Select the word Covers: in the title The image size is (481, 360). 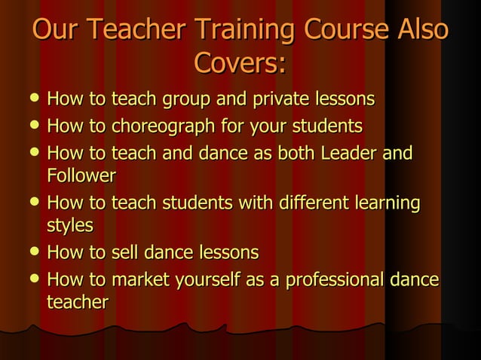pos(240,63)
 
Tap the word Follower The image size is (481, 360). pos(81,177)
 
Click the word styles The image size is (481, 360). pos(70,225)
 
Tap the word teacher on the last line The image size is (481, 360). pos(78,303)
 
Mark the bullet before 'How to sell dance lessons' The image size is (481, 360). pos(28,252)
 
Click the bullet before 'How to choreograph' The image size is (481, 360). pos(28,125)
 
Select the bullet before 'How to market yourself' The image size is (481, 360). pos(28,279)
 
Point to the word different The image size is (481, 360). pos(310,203)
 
